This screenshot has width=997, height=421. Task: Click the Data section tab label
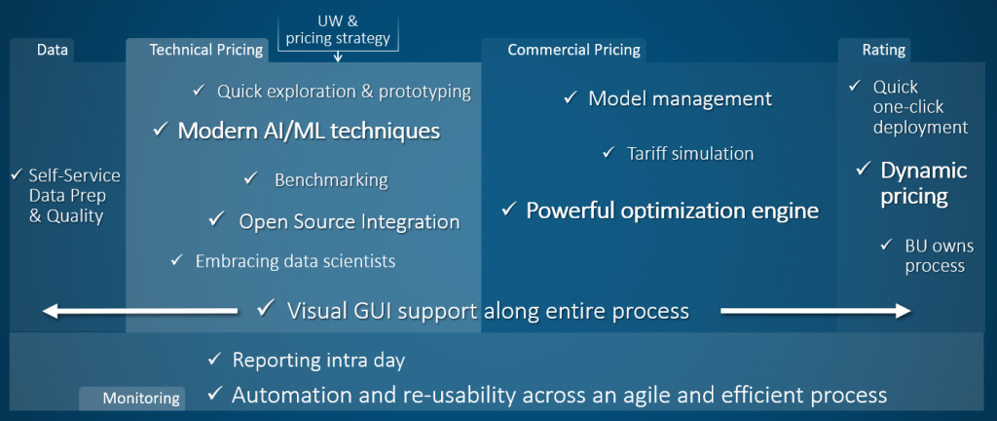(53, 50)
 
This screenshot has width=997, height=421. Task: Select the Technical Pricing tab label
(206, 50)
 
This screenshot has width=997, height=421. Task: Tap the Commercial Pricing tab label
(573, 50)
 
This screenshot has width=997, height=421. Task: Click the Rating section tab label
(884, 50)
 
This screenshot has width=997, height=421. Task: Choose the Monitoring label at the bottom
(142, 398)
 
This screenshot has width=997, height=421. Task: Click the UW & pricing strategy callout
(338, 30)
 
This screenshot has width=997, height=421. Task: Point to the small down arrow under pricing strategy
(338, 57)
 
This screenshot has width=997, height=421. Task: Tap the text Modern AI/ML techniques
(309, 131)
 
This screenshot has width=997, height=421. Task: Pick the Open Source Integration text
(349, 221)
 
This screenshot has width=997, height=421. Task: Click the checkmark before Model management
(572, 98)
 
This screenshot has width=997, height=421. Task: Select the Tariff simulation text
(690, 153)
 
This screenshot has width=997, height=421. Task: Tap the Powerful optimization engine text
(672, 210)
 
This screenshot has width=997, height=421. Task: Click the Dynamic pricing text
(923, 183)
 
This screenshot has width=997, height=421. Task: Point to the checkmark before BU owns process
(886, 246)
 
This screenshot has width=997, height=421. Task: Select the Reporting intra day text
(318, 360)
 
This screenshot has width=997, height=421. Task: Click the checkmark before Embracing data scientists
(176, 260)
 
